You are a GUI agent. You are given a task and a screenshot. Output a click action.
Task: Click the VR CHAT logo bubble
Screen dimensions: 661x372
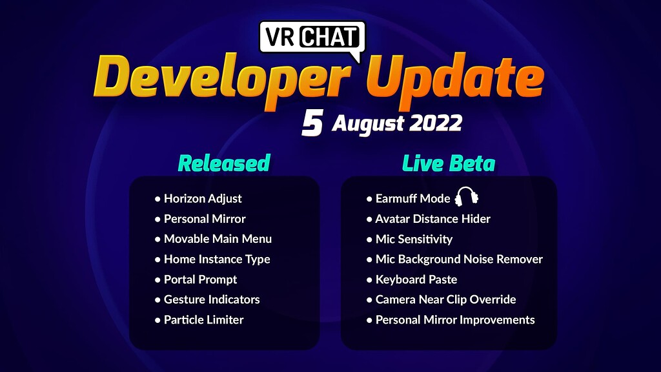click(312, 37)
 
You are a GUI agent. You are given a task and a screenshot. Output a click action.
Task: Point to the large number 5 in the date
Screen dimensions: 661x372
click(312, 123)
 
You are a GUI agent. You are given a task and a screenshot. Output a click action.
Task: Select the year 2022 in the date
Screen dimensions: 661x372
click(436, 123)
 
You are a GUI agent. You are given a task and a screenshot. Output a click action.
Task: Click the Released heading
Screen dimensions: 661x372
click(224, 163)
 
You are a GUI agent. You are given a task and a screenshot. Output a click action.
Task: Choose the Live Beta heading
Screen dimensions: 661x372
click(449, 163)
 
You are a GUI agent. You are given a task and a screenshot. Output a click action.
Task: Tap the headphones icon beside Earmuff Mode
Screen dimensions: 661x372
click(467, 196)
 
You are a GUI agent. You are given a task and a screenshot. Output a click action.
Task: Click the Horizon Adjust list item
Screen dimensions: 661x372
click(203, 198)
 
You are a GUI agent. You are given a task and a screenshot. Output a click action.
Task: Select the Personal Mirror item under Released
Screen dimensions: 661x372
click(205, 218)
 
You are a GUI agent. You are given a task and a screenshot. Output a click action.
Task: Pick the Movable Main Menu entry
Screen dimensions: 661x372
click(218, 239)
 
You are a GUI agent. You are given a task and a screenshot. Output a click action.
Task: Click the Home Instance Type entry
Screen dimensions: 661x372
click(217, 259)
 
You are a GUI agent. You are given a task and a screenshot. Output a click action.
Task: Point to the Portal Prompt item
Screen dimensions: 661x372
click(200, 279)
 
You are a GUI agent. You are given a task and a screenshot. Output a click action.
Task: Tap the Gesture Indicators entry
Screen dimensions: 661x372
click(212, 300)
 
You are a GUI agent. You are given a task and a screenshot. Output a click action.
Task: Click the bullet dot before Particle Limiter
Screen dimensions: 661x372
click(158, 320)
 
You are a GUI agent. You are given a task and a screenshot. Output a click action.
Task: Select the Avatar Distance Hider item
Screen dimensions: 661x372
click(433, 218)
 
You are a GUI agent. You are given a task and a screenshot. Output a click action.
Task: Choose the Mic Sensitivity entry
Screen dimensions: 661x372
click(414, 239)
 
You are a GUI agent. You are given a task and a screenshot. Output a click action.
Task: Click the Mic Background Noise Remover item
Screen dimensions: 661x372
click(459, 259)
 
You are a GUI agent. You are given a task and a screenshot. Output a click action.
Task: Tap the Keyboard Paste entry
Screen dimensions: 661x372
click(416, 279)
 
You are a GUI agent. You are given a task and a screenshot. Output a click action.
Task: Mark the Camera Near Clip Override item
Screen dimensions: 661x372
click(445, 300)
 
